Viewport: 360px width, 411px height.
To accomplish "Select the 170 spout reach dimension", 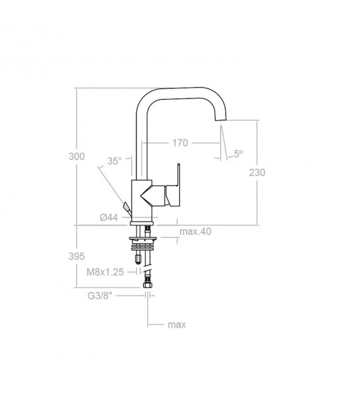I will coord(180,143).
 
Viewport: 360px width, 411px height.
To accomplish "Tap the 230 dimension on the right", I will coord(257,172).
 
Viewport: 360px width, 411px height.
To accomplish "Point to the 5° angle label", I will coord(238,153).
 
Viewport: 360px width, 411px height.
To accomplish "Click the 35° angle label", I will coord(114,161).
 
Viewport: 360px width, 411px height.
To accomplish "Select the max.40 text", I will coord(195,232).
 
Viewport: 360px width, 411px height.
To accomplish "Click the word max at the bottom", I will coord(176,325).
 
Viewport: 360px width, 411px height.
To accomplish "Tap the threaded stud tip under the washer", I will coord(138,258).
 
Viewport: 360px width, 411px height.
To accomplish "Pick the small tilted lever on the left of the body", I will coord(126,206).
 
